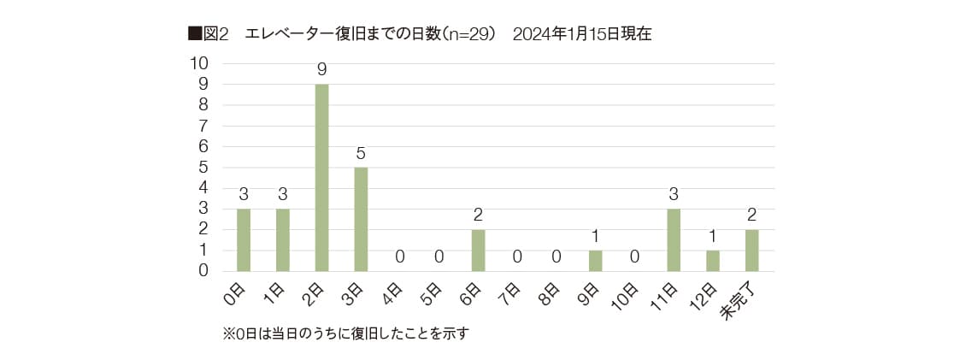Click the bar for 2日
coord(321,178)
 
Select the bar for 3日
coord(361,220)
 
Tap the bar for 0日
coord(244,240)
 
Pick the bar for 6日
coord(478,251)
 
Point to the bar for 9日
coord(595,261)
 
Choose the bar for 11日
coord(674,240)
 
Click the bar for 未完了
coord(751,251)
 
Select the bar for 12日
coord(712,261)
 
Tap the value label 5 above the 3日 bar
coord(361,154)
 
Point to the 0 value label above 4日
coord(400,257)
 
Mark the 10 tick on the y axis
coord(198,63)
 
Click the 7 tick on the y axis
coord(203,126)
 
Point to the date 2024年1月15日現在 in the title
coord(582,34)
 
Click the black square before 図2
coord(193,34)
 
